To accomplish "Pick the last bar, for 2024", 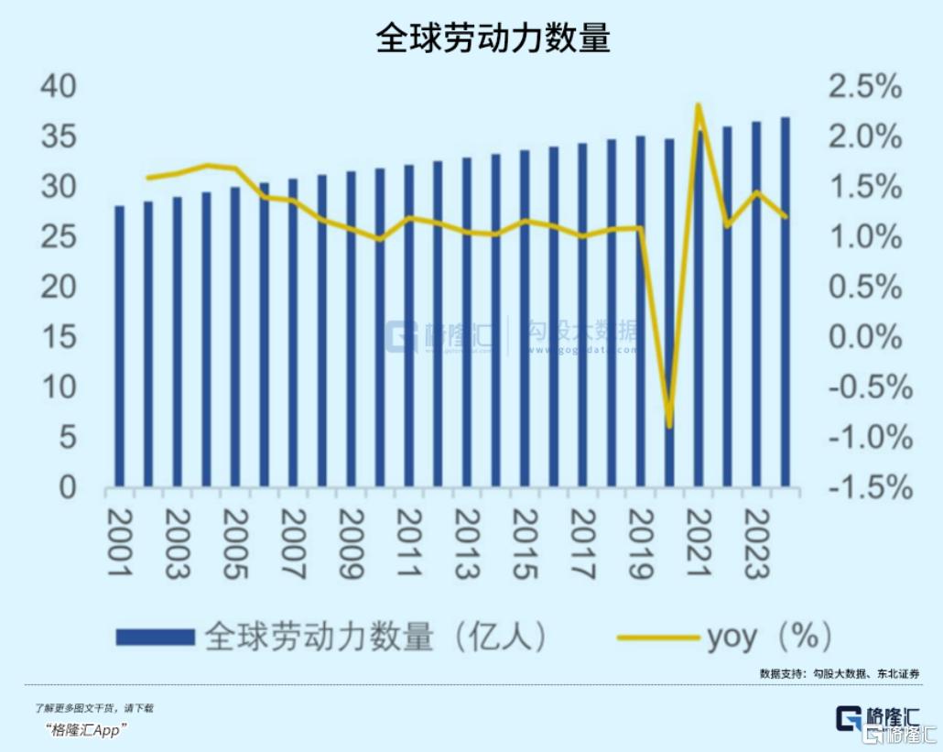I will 785,302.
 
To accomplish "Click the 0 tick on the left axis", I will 66,487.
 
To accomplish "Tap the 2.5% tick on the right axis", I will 864,88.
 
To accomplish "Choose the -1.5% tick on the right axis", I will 870,487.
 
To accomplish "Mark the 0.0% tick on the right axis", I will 864,337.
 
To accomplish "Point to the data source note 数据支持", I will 839,673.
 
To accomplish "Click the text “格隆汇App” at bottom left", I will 86,730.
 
